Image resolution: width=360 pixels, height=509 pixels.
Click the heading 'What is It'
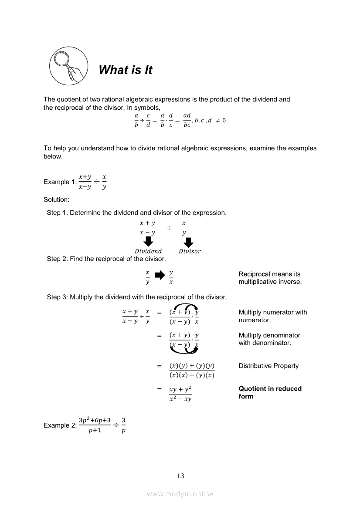[x=126, y=70]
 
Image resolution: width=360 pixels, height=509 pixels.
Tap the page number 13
[x=180, y=476]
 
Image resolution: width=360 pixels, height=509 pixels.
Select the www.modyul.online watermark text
[x=180, y=494]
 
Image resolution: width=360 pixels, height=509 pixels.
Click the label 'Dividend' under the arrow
[x=148, y=251]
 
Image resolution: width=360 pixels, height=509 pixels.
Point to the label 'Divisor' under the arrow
[x=190, y=251]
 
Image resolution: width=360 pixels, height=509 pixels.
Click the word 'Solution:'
[x=56, y=199]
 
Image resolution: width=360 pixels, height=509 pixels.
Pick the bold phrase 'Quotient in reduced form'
[x=270, y=392]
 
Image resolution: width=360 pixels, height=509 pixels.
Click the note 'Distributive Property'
[x=268, y=366]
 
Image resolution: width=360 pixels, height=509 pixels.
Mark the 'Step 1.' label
[x=57, y=213]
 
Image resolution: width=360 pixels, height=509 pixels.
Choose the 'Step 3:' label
[x=57, y=297]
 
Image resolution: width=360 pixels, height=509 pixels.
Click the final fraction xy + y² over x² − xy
[x=180, y=393]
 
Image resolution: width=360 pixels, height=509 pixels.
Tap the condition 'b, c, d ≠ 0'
[x=210, y=120]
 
